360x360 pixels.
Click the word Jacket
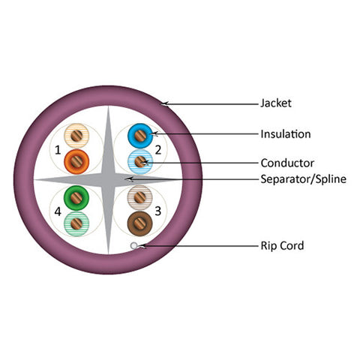pyautogui.click(x=276, y=103)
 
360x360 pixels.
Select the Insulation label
pyautogui.click(x=286, y=134)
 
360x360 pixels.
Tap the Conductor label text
pyautogui.click(x=287, y=163)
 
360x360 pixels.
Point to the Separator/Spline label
pyautogui.click(x=304, y=179)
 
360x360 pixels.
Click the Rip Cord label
pyautogui.click(x=282, y=246)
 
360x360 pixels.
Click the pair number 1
pyautogui.click(x=58, y=150)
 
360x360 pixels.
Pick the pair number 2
pyautogui.click(x=158, y=150)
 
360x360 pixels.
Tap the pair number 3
pyautogui.click(x=158, y=211)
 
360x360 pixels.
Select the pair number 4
pyautogui.click(x=58, y=211)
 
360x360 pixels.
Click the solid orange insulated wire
pyautogui.click(x=76, y=162)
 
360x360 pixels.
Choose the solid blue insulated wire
pyautogui.click(x=140, y=136)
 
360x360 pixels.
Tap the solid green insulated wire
pyautogui.click(x=76, y=198)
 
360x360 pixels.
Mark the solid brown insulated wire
pyautogui.click(x=140, y=223)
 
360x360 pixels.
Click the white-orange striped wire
pyautogui.click(x=76, y=136)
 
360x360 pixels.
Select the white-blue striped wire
pyautogui.click(x=140, y=162)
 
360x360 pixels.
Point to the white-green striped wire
pyautogui.click(x=76, y=223)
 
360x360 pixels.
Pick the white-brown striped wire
pyautogui.click(x=140, y=198)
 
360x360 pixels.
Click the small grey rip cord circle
pyautogui.click(x=134, y=246)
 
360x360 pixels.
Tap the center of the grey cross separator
pyautogui.click(x=108, y=180)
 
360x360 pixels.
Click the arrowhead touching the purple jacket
pyautogui.click(x=165, y=103)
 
